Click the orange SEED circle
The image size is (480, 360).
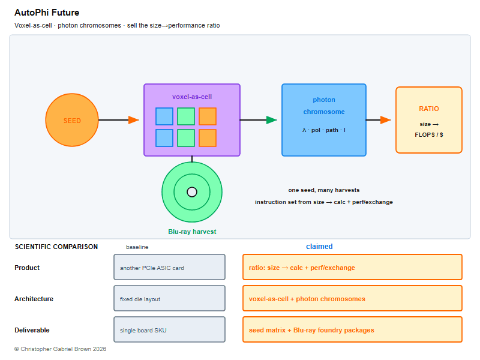[x=72, y=120]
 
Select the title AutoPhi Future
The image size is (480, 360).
[x=47, y=13]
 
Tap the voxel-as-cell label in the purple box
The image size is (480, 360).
[x=192, y=97]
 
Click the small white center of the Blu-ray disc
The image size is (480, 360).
[x=192, y=192]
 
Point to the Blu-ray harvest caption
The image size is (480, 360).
[x=192, y=232]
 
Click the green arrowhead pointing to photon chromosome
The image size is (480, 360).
[x=272, y=120]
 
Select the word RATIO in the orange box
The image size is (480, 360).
[x=429, y=109]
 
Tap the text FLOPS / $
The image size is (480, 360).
[x=429, y=134]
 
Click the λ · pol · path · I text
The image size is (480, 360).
[x=324, y=130]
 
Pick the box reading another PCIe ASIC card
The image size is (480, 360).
[x=170, y=267]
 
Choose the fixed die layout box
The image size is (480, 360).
[x=170, y=298]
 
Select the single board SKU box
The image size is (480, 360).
[x=170, y=329]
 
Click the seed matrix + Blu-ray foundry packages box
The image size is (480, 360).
[x=352, y=329]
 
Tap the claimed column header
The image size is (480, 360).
[x=319, y=247]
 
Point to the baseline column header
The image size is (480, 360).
[x=137, y=247]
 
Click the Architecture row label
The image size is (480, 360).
[x=34, y=299]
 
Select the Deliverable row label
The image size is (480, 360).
[x=32, y=330]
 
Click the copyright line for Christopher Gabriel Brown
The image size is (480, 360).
[x=61, y=349]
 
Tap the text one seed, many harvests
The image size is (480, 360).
[x=324, y=190]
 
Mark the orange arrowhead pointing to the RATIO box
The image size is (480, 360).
[x=386, y=120]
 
